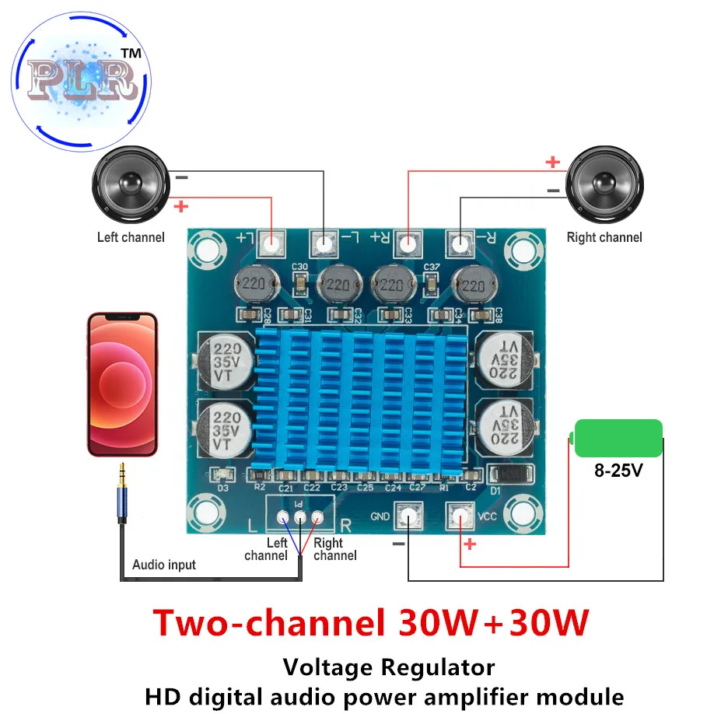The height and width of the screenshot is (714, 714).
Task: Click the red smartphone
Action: tap(122, 384)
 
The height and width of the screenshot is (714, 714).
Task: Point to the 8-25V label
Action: tap(618, 471)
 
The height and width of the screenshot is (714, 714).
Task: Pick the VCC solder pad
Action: tap(460, 516)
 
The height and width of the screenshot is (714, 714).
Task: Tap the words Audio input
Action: tap(164, 565)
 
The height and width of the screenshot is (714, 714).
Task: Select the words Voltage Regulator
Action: tap(388, 667)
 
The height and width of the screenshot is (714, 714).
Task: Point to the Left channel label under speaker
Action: tap(131, 237)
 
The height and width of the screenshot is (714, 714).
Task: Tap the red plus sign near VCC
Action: tap(469, 544)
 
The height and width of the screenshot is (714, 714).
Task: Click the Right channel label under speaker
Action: tap(604, 237)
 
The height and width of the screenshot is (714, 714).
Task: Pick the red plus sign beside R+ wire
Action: tap(552, 162)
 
